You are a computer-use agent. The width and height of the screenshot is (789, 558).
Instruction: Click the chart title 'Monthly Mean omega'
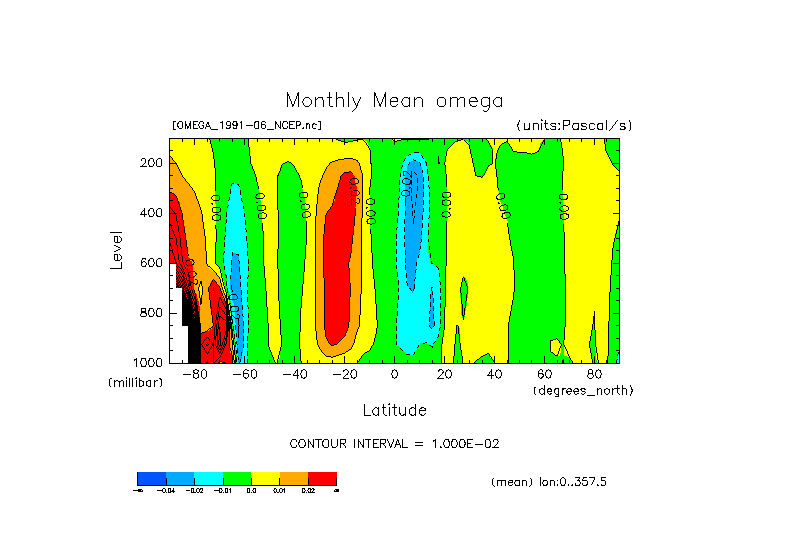pyautogui.click(x=394, y=100)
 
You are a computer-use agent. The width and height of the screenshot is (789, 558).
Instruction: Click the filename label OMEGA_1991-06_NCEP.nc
pyautogui.click(x=247, y=125)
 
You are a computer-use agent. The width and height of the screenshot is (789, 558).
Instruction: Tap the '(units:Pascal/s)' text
pyautogui.click(x=574, y=125)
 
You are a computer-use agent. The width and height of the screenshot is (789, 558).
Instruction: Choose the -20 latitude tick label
pyautogui.click(x=344, y=374)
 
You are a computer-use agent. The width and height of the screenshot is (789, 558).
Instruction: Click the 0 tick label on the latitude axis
pyautogui.click(x=394, y=374)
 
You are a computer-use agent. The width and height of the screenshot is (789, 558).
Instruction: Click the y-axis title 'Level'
pyautogui.click(x=118, y=250)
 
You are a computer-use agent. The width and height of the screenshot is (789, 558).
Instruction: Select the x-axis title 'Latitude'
pyautogui.click(x=394, y=410)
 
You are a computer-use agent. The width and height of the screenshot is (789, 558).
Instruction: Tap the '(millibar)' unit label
pyautogui.click(x=135, y=383)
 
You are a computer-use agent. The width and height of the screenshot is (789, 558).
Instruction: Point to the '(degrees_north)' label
pyautogui.click(x=583, y=389)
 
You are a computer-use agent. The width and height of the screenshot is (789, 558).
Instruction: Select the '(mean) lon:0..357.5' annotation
pyautogui.click(x=549, y=482)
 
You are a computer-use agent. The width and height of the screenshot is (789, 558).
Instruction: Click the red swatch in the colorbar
pyautogui.click(x=322, y=478)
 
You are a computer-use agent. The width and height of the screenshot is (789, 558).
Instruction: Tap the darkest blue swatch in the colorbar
pyautogui.click(x=151, y=478)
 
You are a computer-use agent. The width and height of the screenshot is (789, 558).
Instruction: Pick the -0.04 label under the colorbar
pyautogui.click(x=166, y=490)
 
